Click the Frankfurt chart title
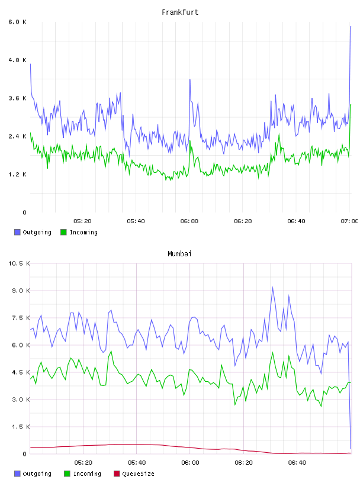click(180, 12)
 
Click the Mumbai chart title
click(179, 254)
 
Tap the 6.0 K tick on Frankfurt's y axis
click(17, 22)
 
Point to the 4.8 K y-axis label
click(17, 60)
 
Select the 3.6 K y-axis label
click(17, 98)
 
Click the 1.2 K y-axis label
click(17, 175)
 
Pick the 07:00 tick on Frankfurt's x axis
click(349, 221)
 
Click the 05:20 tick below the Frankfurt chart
click(83, 221)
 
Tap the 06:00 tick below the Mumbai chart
click(190, 463)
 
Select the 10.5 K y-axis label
click(19, 263)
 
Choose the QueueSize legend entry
click(134, 474)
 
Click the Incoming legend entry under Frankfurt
click(79, 232)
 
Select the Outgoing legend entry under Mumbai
click(33, 474)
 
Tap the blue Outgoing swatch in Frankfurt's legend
click(17, 232)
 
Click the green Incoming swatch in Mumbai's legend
click(67, 474)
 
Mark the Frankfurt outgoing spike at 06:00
click(190, 80)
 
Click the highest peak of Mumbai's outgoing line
click(272, 288)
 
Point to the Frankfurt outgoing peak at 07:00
click(351, 27)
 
